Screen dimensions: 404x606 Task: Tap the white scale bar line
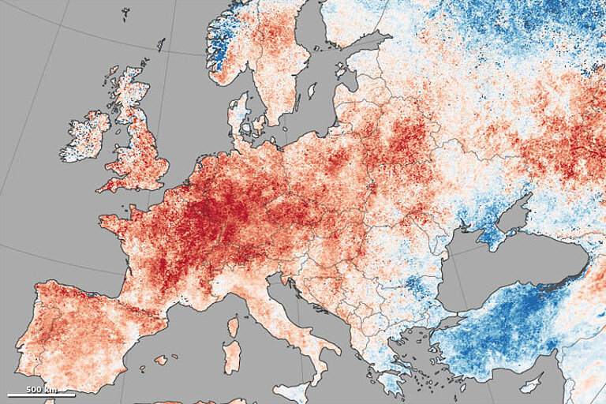coord(41,395)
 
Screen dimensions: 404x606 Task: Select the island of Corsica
coord(233,325)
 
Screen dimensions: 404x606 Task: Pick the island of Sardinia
coord(231,354)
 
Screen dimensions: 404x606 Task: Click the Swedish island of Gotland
coord(312,91)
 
